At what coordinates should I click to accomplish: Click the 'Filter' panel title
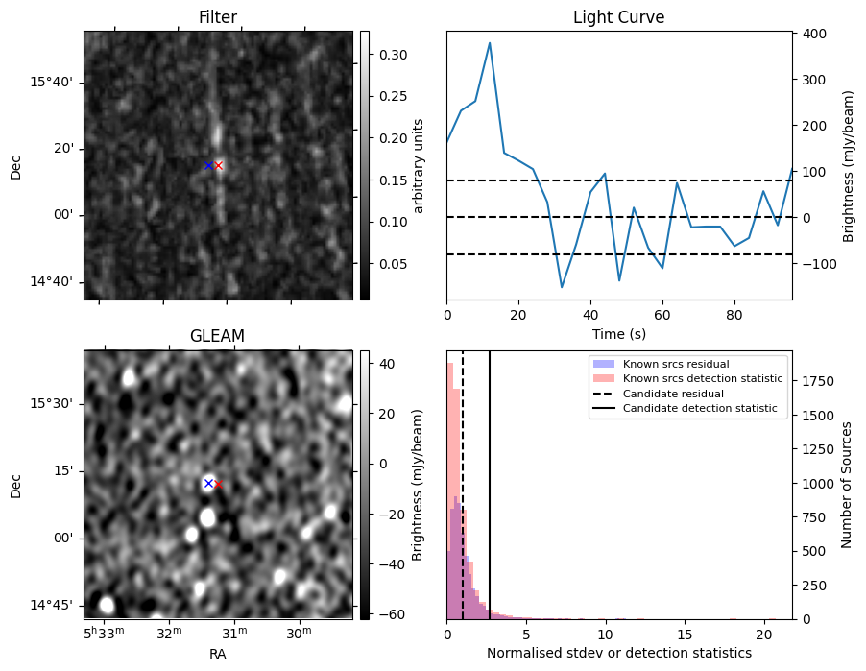point(217,17)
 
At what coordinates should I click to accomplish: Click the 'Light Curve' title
point(618,17)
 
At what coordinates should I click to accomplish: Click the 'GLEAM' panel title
point(217,336)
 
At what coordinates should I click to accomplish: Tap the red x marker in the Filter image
point(219,166)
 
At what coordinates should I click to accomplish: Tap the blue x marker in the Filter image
point(208,165)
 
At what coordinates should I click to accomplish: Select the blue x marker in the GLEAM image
point(208,483)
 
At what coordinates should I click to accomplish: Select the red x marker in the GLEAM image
point(218,485)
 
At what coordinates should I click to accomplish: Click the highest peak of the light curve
point(490,43)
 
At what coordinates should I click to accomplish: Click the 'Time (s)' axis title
point(618,332)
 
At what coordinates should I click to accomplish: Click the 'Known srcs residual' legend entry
point(675,365)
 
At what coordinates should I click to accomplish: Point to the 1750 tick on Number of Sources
point(816,381)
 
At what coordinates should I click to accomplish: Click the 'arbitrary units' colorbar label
point(419,166)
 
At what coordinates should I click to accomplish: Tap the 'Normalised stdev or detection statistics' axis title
point(618,654)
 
